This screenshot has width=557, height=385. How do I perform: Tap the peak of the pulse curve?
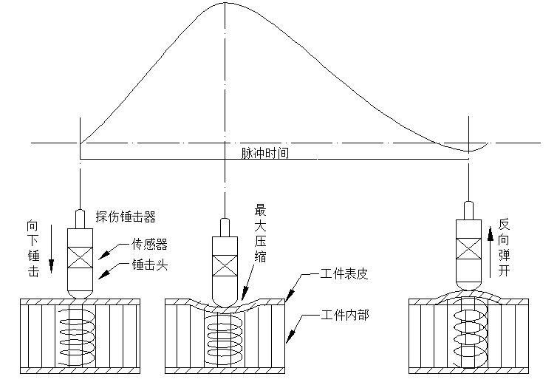pyautogui.click(x=224, y=3)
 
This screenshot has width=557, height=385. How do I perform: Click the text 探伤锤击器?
pyautogui.click(x=126, y=217)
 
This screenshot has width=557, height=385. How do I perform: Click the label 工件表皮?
pyautogui.click(x=345, y=273)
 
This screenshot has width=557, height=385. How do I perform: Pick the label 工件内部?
pyautogui.click(x=345, y=315)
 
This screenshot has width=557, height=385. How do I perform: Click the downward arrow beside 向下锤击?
pyautogui.click(x=52, y=248)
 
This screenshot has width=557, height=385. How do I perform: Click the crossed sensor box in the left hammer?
pyautogui.click(x=79, y=258)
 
